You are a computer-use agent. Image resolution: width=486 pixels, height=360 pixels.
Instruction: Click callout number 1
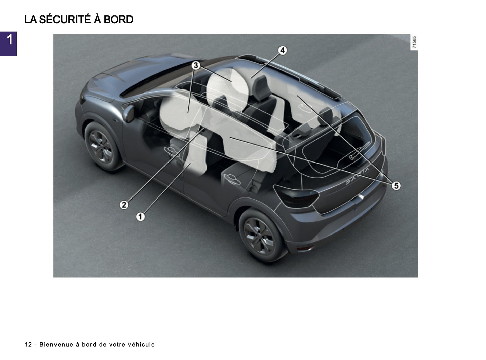coord(140,216)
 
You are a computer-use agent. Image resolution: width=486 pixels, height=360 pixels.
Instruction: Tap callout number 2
coord(124,204)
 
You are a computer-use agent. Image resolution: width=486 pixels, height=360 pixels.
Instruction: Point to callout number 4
coord(282,50)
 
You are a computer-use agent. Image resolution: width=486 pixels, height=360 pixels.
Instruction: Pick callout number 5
coord(396,185)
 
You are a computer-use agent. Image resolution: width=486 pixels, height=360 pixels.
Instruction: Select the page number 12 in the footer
coord(28,344)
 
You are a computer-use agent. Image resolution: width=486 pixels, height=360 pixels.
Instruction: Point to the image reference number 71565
coord(414,42)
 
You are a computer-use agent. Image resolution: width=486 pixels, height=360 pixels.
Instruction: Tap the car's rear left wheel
coord(261,235)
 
